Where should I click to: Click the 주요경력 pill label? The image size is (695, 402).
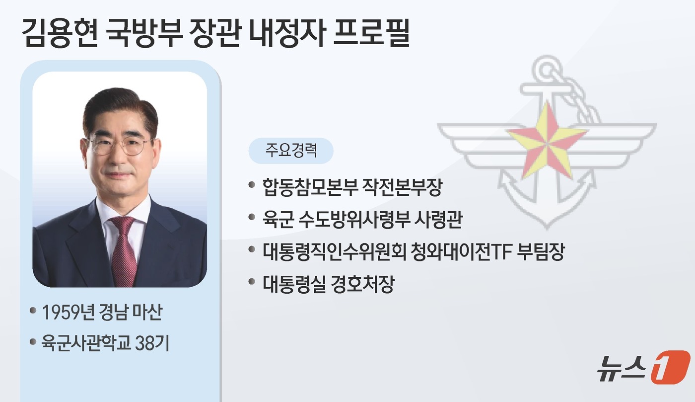click(291, 151)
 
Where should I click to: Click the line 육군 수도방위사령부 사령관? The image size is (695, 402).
click(362, 219)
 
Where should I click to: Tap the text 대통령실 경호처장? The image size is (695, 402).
click(328, 284)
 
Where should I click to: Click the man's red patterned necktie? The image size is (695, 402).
click(123, 248)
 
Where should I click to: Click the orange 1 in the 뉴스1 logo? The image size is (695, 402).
click(670, 367)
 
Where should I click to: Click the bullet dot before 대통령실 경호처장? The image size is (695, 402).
click(251, 283)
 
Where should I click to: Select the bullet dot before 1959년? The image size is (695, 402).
click(33, 311)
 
